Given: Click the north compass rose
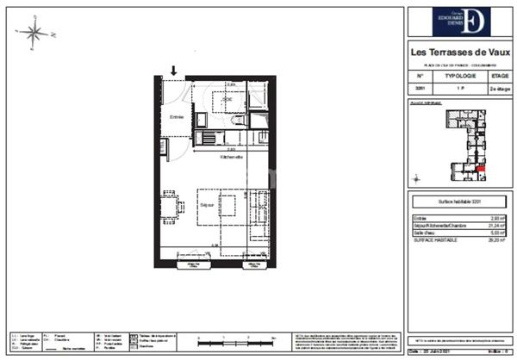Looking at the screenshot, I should (x=34, y=34).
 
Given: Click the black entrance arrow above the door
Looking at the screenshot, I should (x=174, y=71).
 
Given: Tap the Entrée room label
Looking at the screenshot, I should (x=177, y=117).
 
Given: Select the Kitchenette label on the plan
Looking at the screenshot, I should (x=232, y=158).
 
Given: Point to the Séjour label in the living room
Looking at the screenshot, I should (x=207, y=205).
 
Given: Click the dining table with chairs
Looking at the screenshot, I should (x=170, y=208).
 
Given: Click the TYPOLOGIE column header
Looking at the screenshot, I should (x=463, y=76).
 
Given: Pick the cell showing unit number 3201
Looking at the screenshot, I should (x=420, y=88).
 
